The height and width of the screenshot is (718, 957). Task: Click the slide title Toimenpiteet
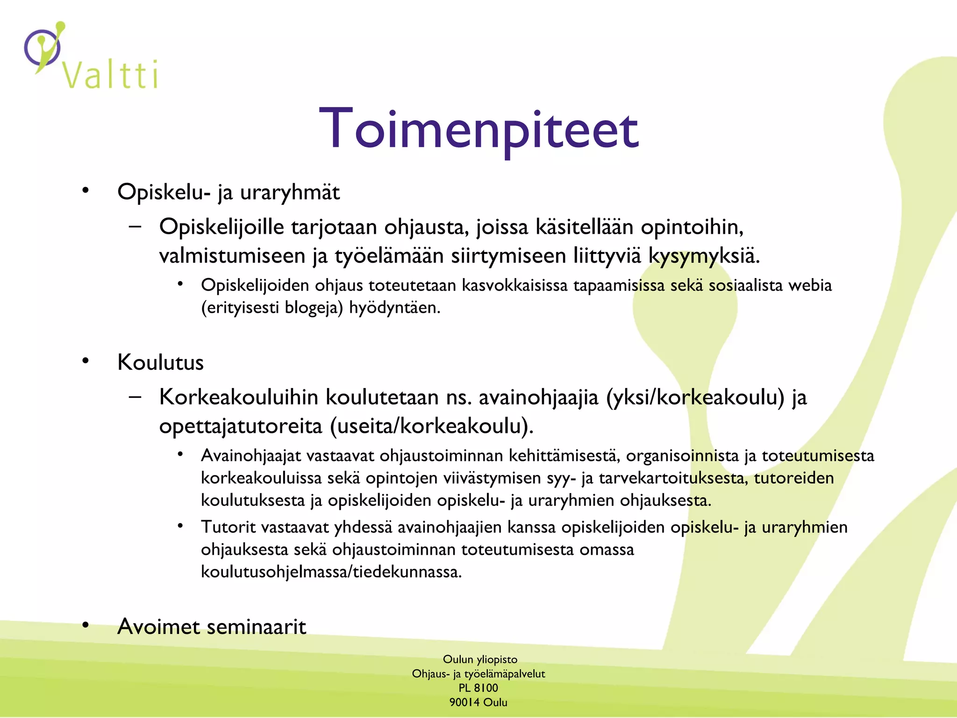tap(478, 129)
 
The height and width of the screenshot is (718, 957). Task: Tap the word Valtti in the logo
tap(111, 75)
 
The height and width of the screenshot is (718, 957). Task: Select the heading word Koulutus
tap(160, 362)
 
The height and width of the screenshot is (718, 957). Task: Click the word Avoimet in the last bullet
tap(159, 626)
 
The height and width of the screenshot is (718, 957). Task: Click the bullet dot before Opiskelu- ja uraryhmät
tap(85, 190)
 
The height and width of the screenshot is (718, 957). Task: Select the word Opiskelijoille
tap(221, 227)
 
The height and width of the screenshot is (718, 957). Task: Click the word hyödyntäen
tap(394, 308)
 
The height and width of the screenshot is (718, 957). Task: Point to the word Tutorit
tap(228, 527)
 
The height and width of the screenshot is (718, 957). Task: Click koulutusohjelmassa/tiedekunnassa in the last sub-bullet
tap(331, 572)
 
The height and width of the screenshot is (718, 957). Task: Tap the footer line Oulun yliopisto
tap(480, 659)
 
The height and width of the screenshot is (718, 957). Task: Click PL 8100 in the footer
tap(478, 688)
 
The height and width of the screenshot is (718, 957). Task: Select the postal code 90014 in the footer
tap(464, 702)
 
